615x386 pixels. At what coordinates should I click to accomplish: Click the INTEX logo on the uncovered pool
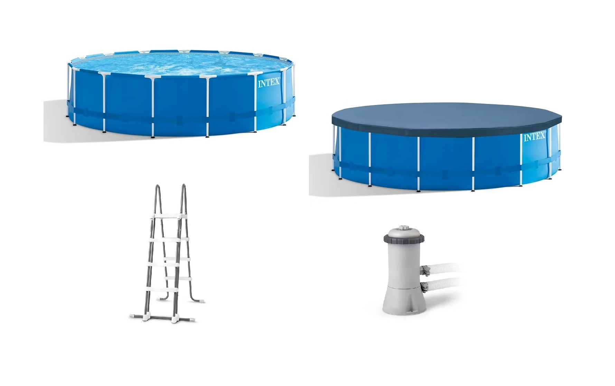268,83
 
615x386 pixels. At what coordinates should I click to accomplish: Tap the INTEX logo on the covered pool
534,137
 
